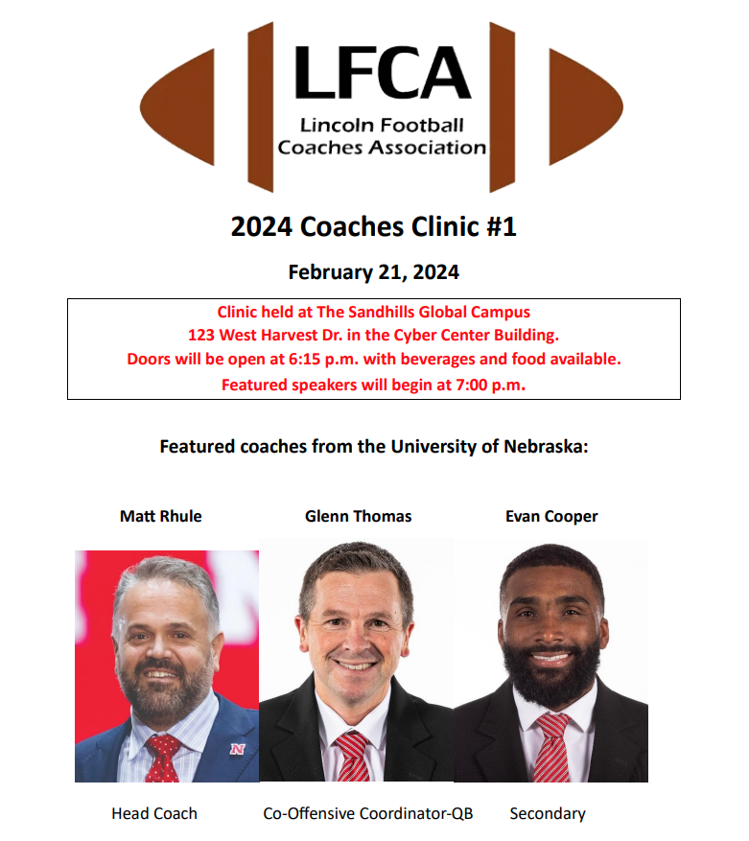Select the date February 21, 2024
pyautogui.click(x=374, y=272)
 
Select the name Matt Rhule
pyautogui.click(x=161, y=516)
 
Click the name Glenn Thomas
pyautogui.click(x=358, y=516)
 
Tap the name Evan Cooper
pyautogui.click(x=551, y=516)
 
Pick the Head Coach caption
pyautogui.click(x=154, y=813)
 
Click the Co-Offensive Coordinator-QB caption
pyautogui.click(x=368, y=813)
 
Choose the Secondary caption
pyautogui.click(x=548, y=813)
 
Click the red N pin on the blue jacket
pyautogui.click(x=236, y=748)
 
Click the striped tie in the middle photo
pyautogui.click(x=353, y=758)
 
